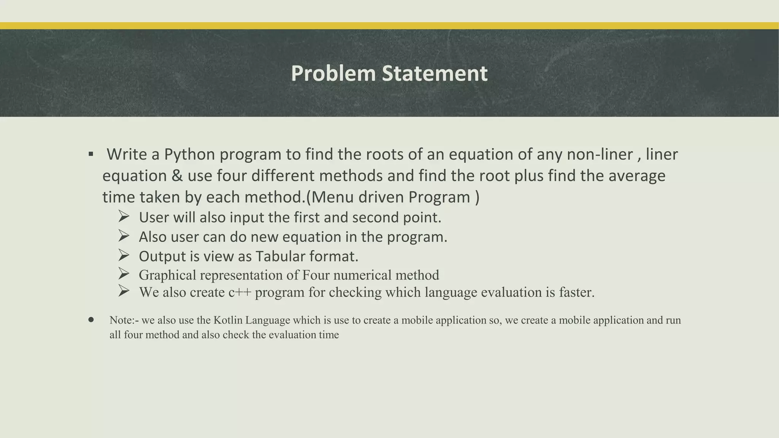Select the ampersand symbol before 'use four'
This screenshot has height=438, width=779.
(x=177, y=176)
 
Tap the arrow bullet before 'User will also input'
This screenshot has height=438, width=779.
(x=124, y=217)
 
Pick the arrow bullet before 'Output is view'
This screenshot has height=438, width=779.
(x=124, y=255)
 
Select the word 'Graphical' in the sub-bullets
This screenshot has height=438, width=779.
(x=167, y=275)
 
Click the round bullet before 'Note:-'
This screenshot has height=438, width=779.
(x=91, y=320)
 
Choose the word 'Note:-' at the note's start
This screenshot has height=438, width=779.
(x=124, y=320)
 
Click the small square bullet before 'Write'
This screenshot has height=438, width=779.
(x=91, y=154)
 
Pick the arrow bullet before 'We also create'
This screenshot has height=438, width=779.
(x=124, y=291)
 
